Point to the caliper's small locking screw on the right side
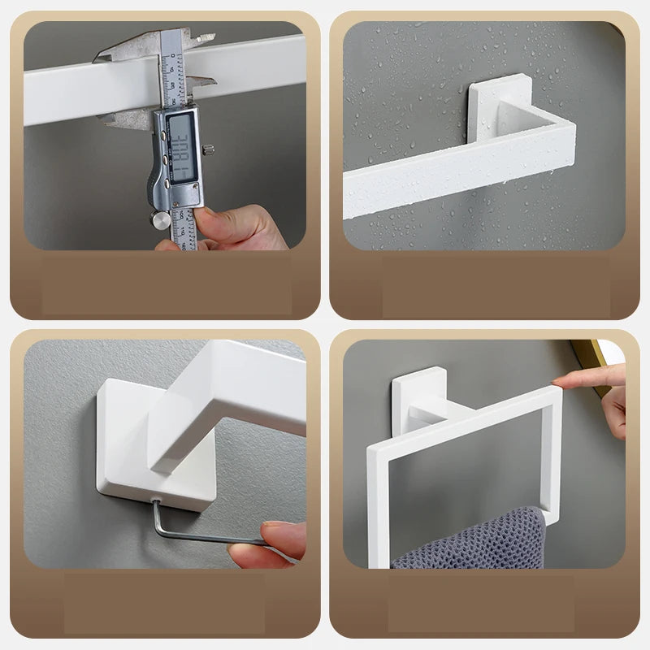coord(209,149)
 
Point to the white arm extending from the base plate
coord(227,398)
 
